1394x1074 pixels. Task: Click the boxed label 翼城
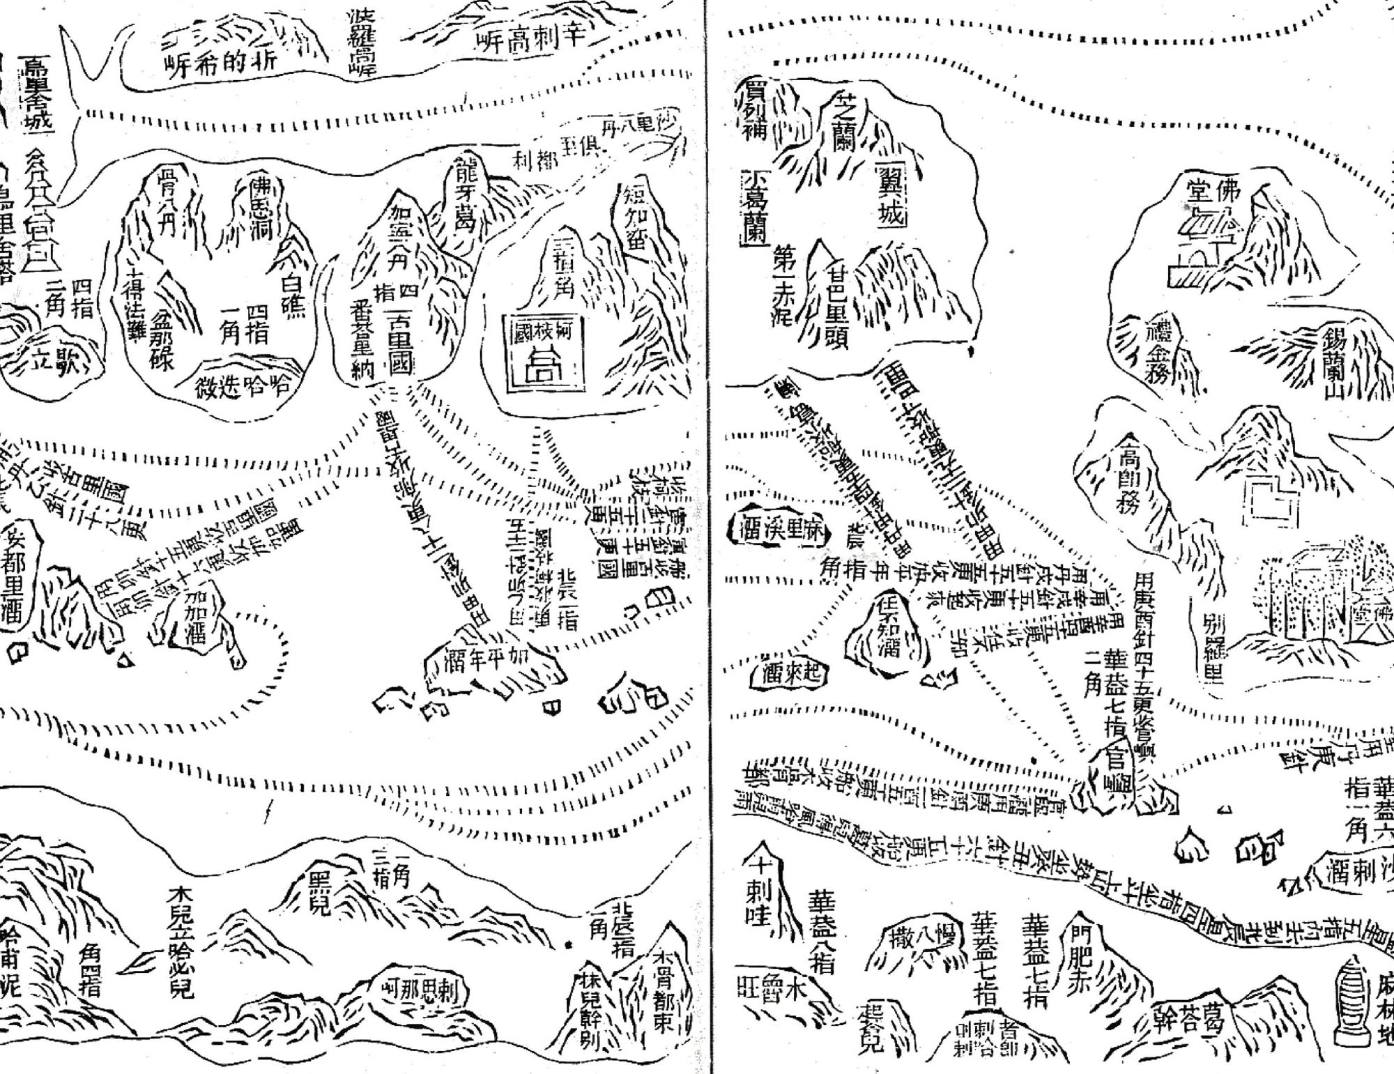[889, 196]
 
